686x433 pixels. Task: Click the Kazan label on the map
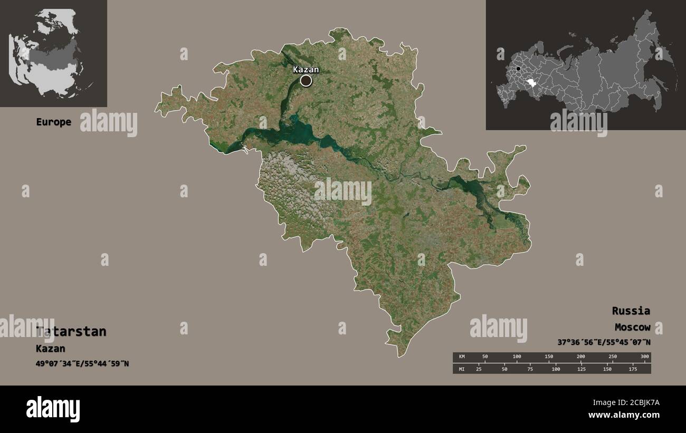pos(306,70)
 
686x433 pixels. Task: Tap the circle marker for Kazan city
pos(306,81)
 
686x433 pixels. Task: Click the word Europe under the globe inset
pos(53,122)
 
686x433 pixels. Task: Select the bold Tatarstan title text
pos(71,331)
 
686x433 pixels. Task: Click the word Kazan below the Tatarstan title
pos(51,349)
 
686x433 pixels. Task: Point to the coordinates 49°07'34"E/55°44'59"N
pos(82,364)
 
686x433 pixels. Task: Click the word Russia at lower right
pos(631,311)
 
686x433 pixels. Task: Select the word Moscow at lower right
pos(632,328)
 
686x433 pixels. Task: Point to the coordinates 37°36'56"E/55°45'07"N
pos(604,342)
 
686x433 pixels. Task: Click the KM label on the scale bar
pos(462,357)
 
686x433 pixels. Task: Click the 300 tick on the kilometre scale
pos(645,357)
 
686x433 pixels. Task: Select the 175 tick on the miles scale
pos(632,369)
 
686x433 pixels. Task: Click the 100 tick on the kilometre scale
pos(517,357)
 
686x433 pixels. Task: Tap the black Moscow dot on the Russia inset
pos(519,69)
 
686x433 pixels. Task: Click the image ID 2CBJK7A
pos(638,402)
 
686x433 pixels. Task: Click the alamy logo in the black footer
pos(53,409)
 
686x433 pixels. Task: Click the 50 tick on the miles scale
pos(504,369)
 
